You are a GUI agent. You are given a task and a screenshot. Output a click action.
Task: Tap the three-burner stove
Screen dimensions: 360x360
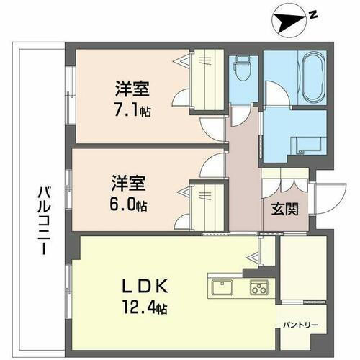[x=258, y=288]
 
